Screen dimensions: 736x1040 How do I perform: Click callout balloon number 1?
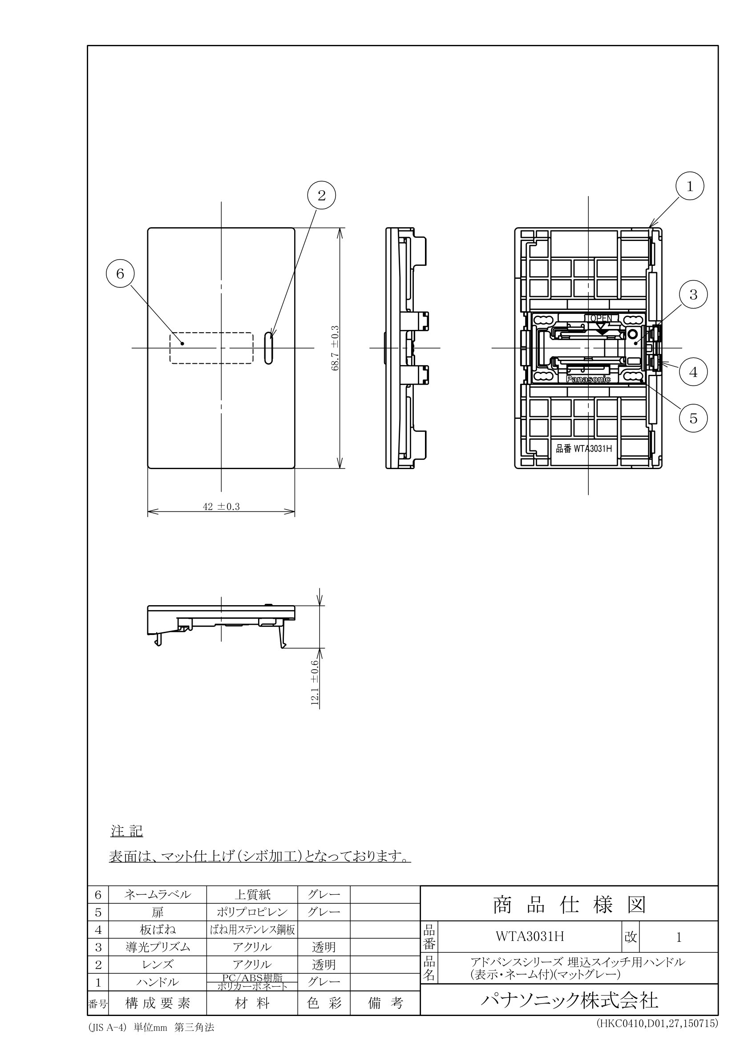coord(689,186)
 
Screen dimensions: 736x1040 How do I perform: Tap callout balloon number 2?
coord(321,195)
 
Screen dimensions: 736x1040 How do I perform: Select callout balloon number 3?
coord(693,295)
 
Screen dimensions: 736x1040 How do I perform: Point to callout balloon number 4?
coord(693,372)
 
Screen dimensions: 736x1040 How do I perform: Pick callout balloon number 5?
coord(693,418)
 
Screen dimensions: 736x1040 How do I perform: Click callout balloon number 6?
coord(120,273)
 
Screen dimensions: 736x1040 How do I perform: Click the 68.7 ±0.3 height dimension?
coord(336,348)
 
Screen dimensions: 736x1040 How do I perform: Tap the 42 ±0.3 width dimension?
coord(221,506)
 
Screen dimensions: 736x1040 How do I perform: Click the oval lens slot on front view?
coord(269,348)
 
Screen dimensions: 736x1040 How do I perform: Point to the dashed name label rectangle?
coord(211,348)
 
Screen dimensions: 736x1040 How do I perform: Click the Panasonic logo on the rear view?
coord(588,379)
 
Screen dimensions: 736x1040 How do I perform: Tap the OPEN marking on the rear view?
coord(599,318)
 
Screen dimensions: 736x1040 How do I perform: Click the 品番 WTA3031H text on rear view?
coord(584,449)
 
